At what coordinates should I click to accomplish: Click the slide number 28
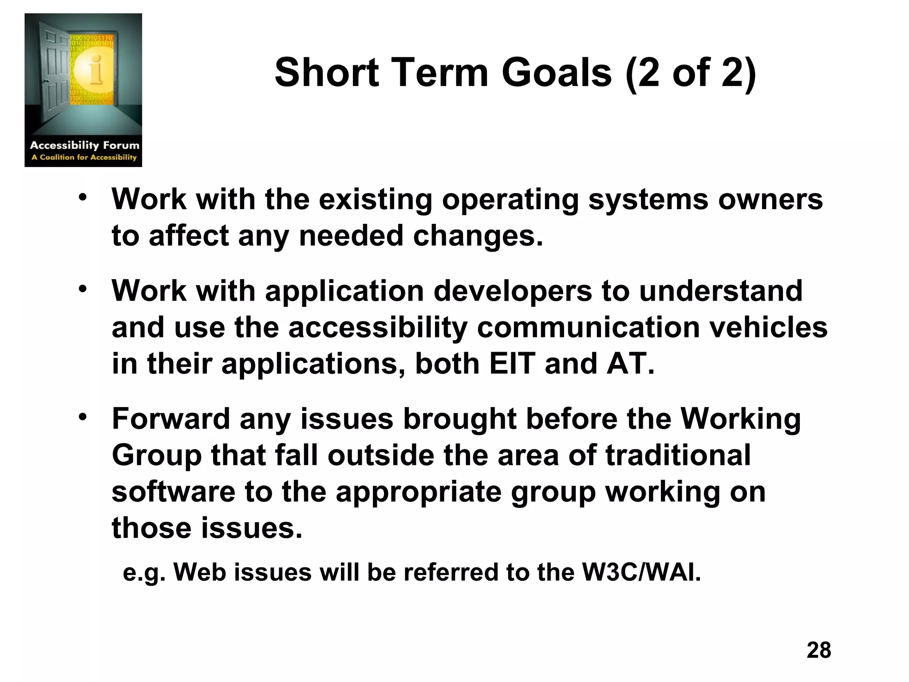coord(818,650)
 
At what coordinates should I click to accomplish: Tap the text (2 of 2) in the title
coord(690,73)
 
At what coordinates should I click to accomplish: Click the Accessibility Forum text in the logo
coord(84,145)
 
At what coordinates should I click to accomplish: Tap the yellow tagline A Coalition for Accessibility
coord(84,157)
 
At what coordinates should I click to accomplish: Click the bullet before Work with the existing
coord(83,197)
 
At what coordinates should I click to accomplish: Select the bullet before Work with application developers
coord(83,289)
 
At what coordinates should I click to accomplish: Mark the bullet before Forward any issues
coord(83,417)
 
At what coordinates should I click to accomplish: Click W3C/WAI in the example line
coord(641,572)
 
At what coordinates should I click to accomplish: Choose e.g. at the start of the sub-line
coord(143,573)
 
